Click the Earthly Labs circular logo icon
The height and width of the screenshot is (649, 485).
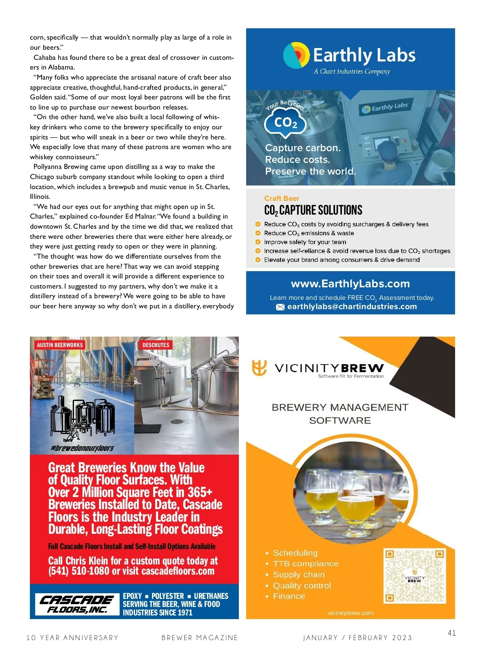(296, 55)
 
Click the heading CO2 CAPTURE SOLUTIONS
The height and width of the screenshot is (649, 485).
(313, 211)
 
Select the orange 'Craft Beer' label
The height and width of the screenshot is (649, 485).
(282, 198)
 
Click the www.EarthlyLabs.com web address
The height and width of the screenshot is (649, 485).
(350, 284)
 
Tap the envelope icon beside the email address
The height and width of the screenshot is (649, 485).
(280, 307)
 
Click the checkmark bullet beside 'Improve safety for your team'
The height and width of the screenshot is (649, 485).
(258, 242)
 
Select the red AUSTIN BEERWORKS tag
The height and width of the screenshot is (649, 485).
(60, 345)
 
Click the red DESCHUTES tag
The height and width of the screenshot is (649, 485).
(156, 345)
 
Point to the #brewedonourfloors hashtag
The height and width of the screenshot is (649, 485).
(82, 448)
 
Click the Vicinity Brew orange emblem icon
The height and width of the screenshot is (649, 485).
(259, 368)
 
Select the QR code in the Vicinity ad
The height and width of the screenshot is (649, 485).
(415, 576)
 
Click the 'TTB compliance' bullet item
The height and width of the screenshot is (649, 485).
(306, 564)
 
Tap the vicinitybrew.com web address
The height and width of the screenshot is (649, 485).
(350, 613)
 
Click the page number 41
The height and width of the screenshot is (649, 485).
(451, 633)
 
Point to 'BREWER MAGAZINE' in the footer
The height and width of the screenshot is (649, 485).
(200, 638)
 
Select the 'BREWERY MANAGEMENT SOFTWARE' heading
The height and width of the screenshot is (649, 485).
(340, 414)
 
